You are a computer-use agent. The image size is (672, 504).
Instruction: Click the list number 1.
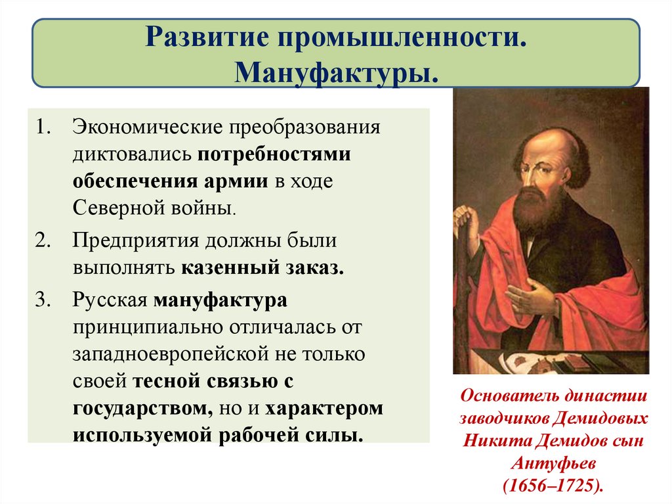pos(43,126)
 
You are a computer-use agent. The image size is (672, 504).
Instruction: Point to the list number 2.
pos(43,240)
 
